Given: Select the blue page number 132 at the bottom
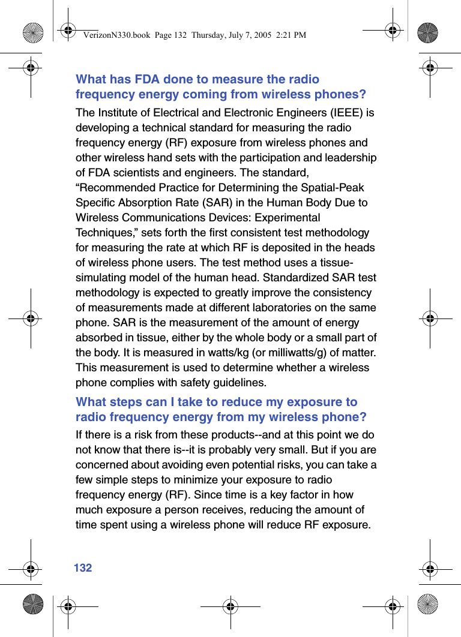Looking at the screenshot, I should click(83, 567).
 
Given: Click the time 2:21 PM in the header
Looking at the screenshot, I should click(291, 35).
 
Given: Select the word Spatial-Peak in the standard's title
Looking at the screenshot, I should click(334, 188).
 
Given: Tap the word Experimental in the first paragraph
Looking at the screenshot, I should click(284, 218).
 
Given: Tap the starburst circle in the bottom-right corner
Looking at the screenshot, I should click(427, 604).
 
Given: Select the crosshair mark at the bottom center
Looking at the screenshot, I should click(230, 606).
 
